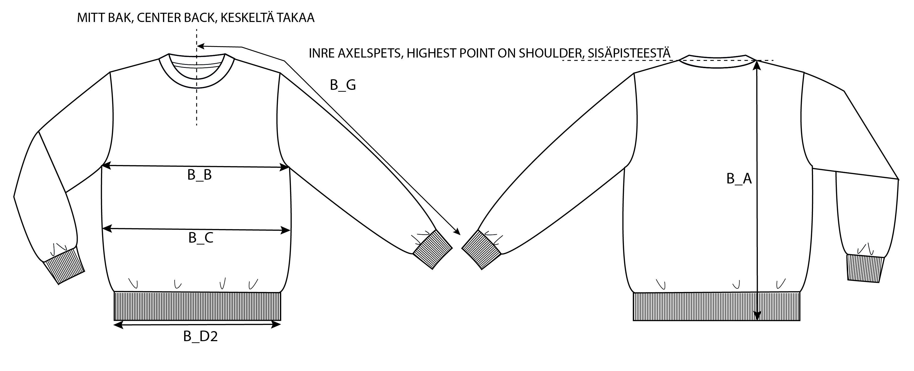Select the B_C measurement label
click(201, 238)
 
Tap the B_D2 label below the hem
click(200, 337)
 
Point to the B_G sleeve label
click(343, 85)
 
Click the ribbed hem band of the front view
click(197, 306)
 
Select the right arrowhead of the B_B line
click(285, 167)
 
